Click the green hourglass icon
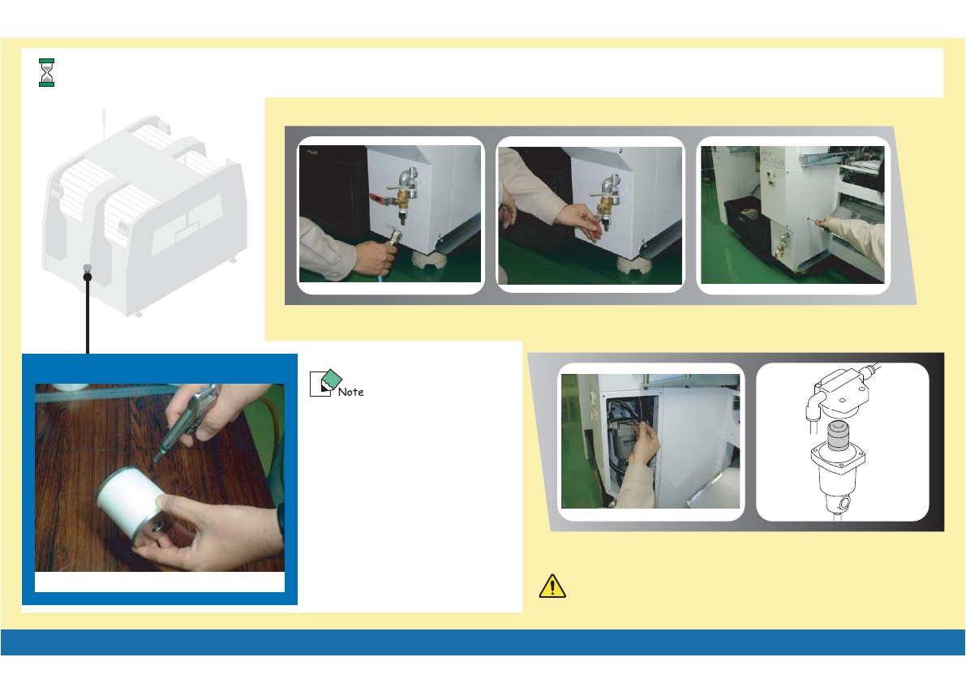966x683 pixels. [46, 73]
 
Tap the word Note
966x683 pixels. [350, 392]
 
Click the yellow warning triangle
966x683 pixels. [552, 586]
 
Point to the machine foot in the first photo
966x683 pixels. [429, 259]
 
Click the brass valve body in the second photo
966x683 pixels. [605, 204]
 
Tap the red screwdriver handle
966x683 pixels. [818, 221]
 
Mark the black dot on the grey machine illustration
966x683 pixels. [88, 277]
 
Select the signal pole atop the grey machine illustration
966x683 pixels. [104, 123]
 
